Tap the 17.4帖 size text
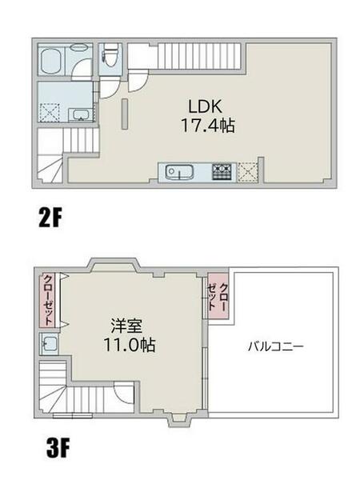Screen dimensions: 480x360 coord(205,126)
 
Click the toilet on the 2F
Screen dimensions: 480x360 coord(110,57)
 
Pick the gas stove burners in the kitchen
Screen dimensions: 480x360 coord(221,170)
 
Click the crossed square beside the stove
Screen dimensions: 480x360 coord(247,170)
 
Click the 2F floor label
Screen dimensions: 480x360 coord(52,218)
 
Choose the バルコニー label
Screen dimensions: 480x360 coord(274,347)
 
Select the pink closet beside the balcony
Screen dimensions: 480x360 coord(218,298)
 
